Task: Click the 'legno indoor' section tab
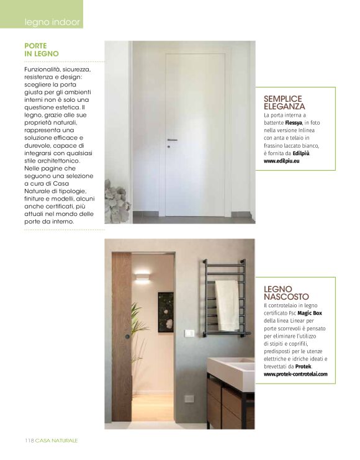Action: coord(52,22)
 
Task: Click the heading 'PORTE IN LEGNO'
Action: coord(42,50)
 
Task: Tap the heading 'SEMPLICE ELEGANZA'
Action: coord(284,102)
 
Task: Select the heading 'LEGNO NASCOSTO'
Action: coord(286,293)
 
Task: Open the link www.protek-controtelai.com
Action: coord(295,374)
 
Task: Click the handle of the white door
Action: coord(172,140)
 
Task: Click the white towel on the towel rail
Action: coord(228,304)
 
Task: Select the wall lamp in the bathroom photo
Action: coord(142,276)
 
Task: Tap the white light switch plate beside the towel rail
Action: coord(189,333)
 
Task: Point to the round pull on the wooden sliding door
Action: coord(127,336)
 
